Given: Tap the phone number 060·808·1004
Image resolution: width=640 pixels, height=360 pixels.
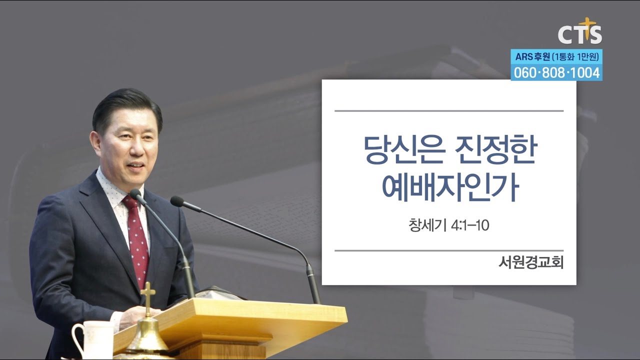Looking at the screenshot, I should point(556,73).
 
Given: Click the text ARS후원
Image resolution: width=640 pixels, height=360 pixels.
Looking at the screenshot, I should point(531,56).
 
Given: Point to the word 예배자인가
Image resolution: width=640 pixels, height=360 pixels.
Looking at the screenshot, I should point(448,188).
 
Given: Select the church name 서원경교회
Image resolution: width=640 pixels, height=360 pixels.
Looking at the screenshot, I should point(530,262).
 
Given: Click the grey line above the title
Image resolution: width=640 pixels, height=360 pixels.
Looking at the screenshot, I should point(448,110).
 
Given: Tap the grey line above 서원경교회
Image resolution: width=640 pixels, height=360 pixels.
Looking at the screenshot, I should point(448,250).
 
